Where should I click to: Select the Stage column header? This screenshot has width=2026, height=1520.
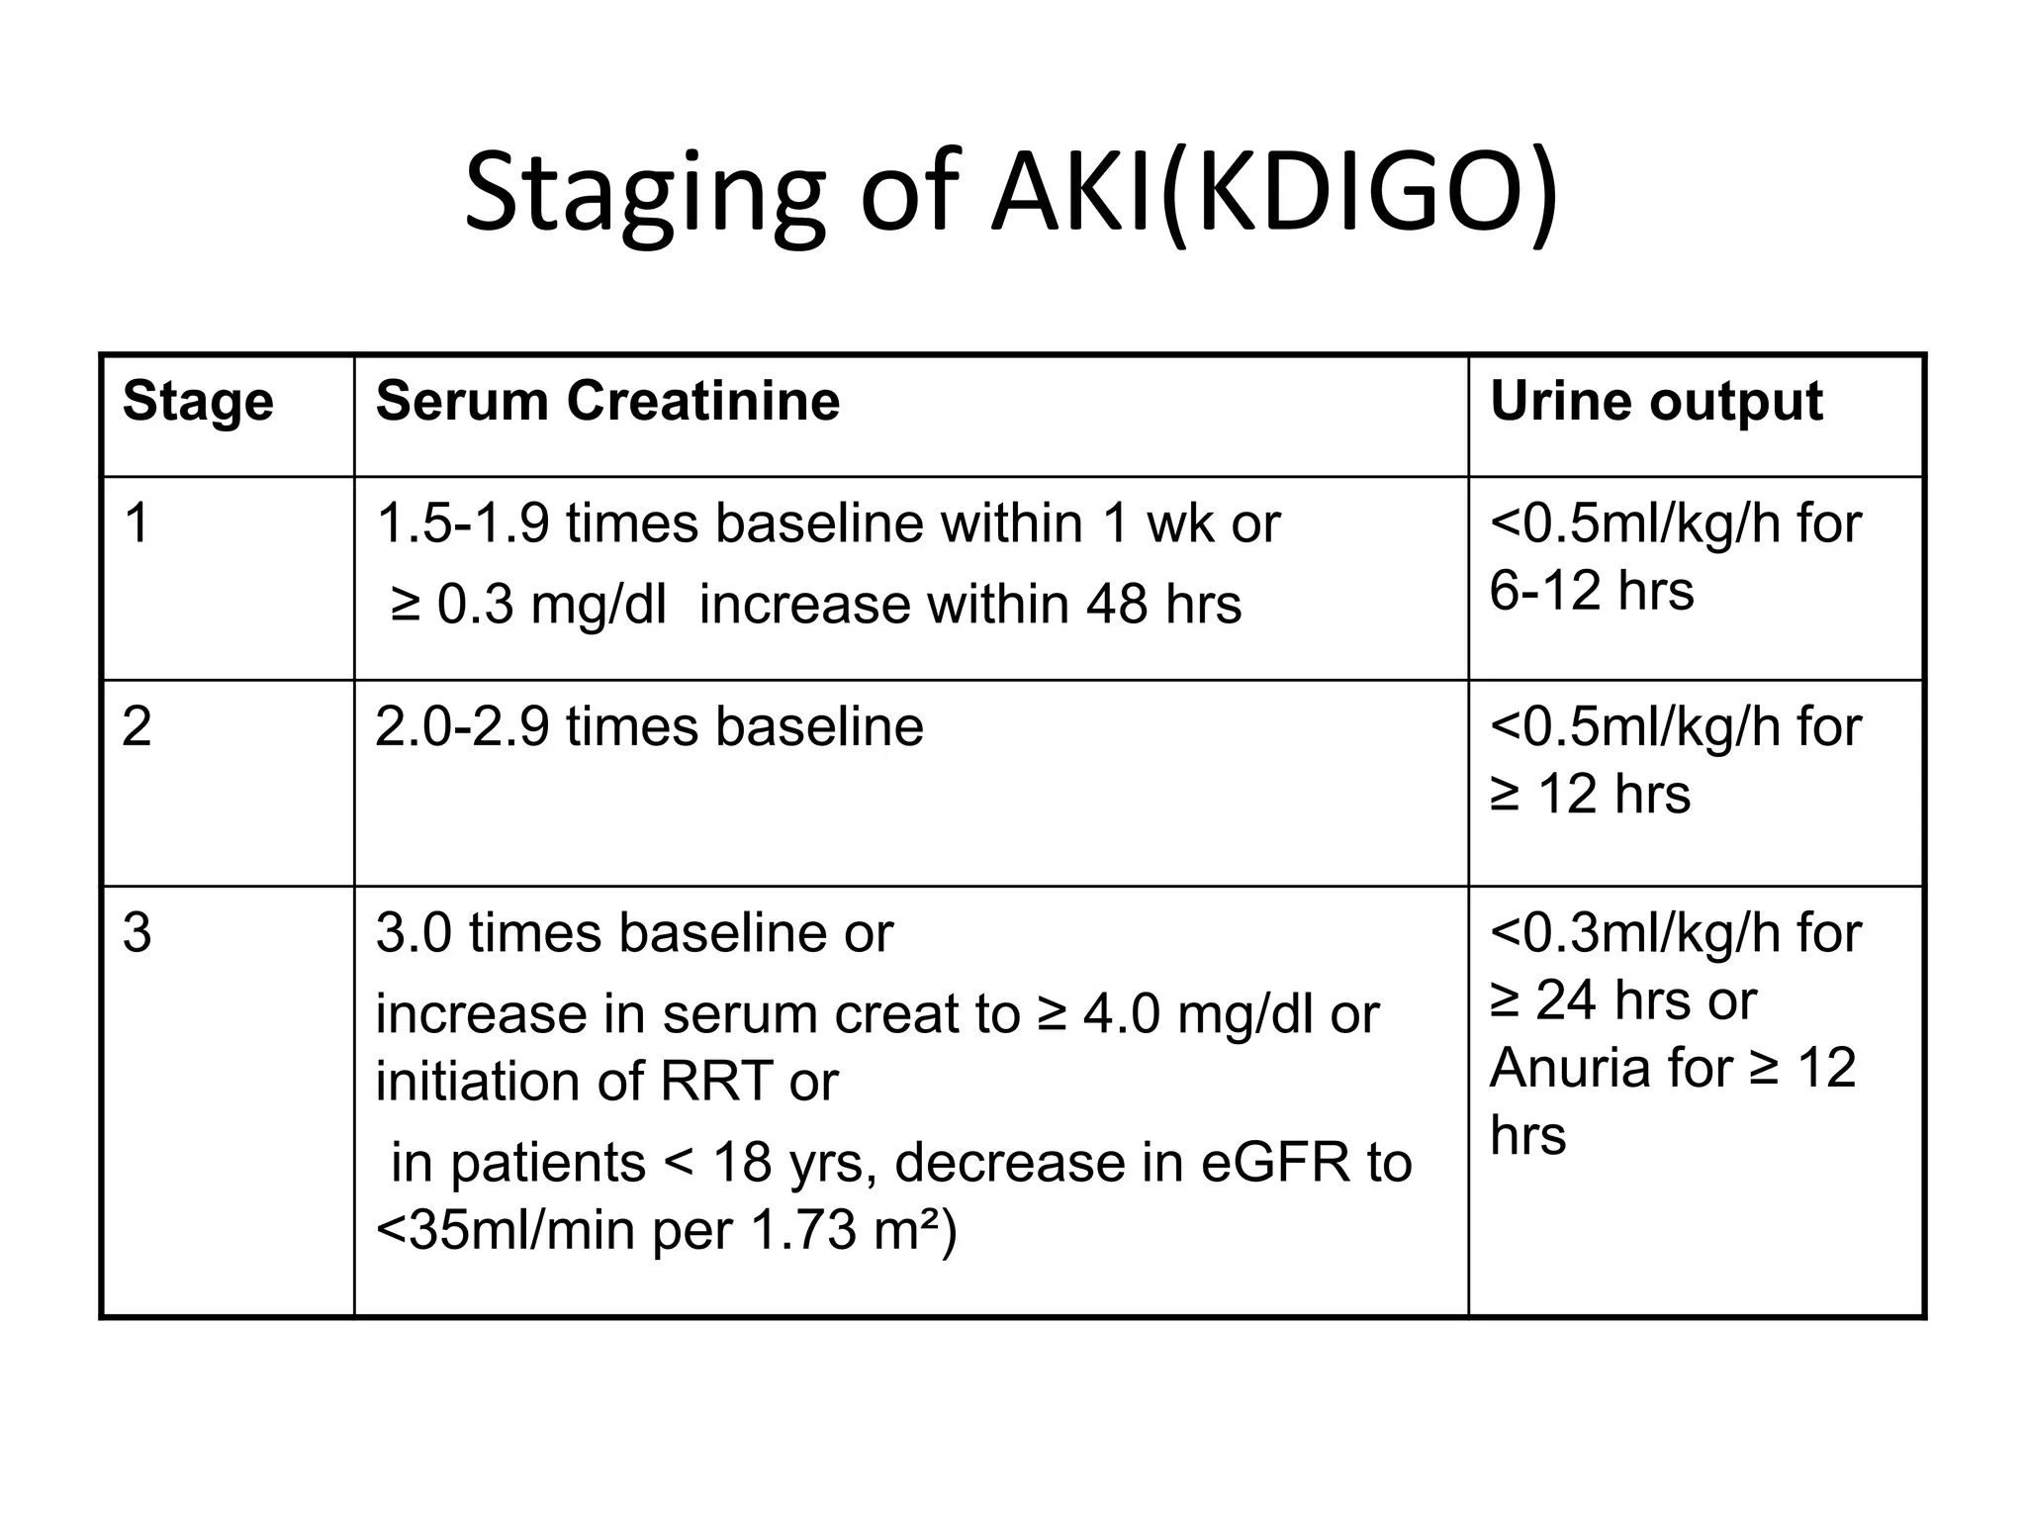(x=198, y=402)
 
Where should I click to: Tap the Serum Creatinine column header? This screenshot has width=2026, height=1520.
(x=607, y=402)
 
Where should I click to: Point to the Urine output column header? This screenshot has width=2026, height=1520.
(x=1656, y=402)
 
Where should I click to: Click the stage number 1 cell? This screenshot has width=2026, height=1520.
(x=137, y=523)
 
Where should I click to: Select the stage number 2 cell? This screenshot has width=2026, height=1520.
(x=137, y=727)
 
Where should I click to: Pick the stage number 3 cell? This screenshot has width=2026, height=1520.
(x=137, y=933)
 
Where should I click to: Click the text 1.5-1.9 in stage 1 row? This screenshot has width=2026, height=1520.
(x=462, y=523)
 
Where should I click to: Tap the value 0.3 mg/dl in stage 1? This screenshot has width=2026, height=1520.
(x=552, y=605)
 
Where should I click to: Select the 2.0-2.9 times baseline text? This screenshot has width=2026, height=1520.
(x=649, y=727)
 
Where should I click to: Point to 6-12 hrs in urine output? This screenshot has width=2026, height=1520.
(x=1591, y=591)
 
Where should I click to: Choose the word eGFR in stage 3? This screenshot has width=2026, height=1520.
(x=1275, y=1163)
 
